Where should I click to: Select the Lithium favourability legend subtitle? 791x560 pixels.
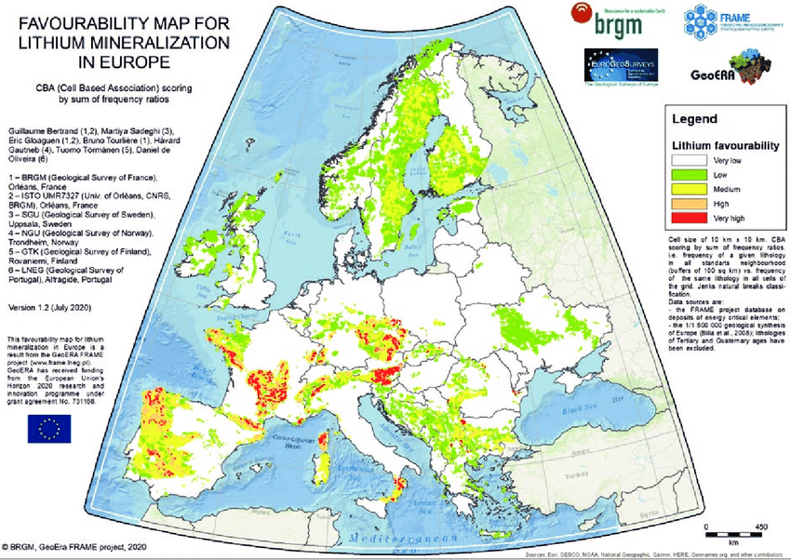point(724,145)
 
